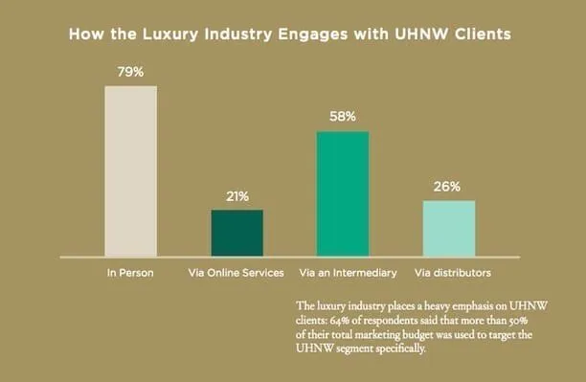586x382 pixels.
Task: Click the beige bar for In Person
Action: coord(131,171)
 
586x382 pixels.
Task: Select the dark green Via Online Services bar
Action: coord(237,233)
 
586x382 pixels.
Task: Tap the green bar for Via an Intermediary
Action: coord(343,193)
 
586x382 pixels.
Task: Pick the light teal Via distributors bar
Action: coord(449,229)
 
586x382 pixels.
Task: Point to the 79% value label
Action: coord(130,72)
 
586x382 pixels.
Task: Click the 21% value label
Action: coord(237,196)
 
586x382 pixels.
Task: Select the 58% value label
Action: coord(343,117)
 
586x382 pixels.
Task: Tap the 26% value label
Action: coord(447,187)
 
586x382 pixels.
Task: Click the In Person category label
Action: coord(130,273)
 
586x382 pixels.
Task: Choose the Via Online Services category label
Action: coord(236,273)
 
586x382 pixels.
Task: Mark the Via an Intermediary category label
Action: coord(348,273)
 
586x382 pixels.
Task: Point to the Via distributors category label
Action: coord(453,273)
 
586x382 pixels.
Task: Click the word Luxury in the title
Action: coord(170,34)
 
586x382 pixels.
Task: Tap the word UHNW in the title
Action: coord(421,34)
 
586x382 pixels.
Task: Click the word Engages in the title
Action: coord(313,34)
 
